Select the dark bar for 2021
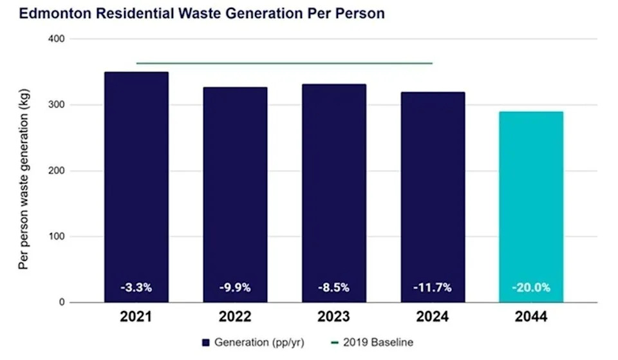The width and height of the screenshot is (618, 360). [136, 187]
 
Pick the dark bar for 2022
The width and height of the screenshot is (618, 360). [235, 193]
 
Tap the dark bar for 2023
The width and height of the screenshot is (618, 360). [333, 193]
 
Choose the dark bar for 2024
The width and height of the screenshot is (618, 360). [432, 196]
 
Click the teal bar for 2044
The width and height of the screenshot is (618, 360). [531, 206]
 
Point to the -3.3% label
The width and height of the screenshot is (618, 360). [136, 288]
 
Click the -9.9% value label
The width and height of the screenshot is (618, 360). [235, 288]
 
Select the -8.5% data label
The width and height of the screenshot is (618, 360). [333, 288]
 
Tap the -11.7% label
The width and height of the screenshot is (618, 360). [432, 288]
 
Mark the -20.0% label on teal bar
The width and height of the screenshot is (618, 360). [531, 288]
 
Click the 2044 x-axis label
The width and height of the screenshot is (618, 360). [531, 317]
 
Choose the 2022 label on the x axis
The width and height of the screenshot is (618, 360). [235, 317]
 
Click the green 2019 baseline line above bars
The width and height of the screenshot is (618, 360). [283, 63]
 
